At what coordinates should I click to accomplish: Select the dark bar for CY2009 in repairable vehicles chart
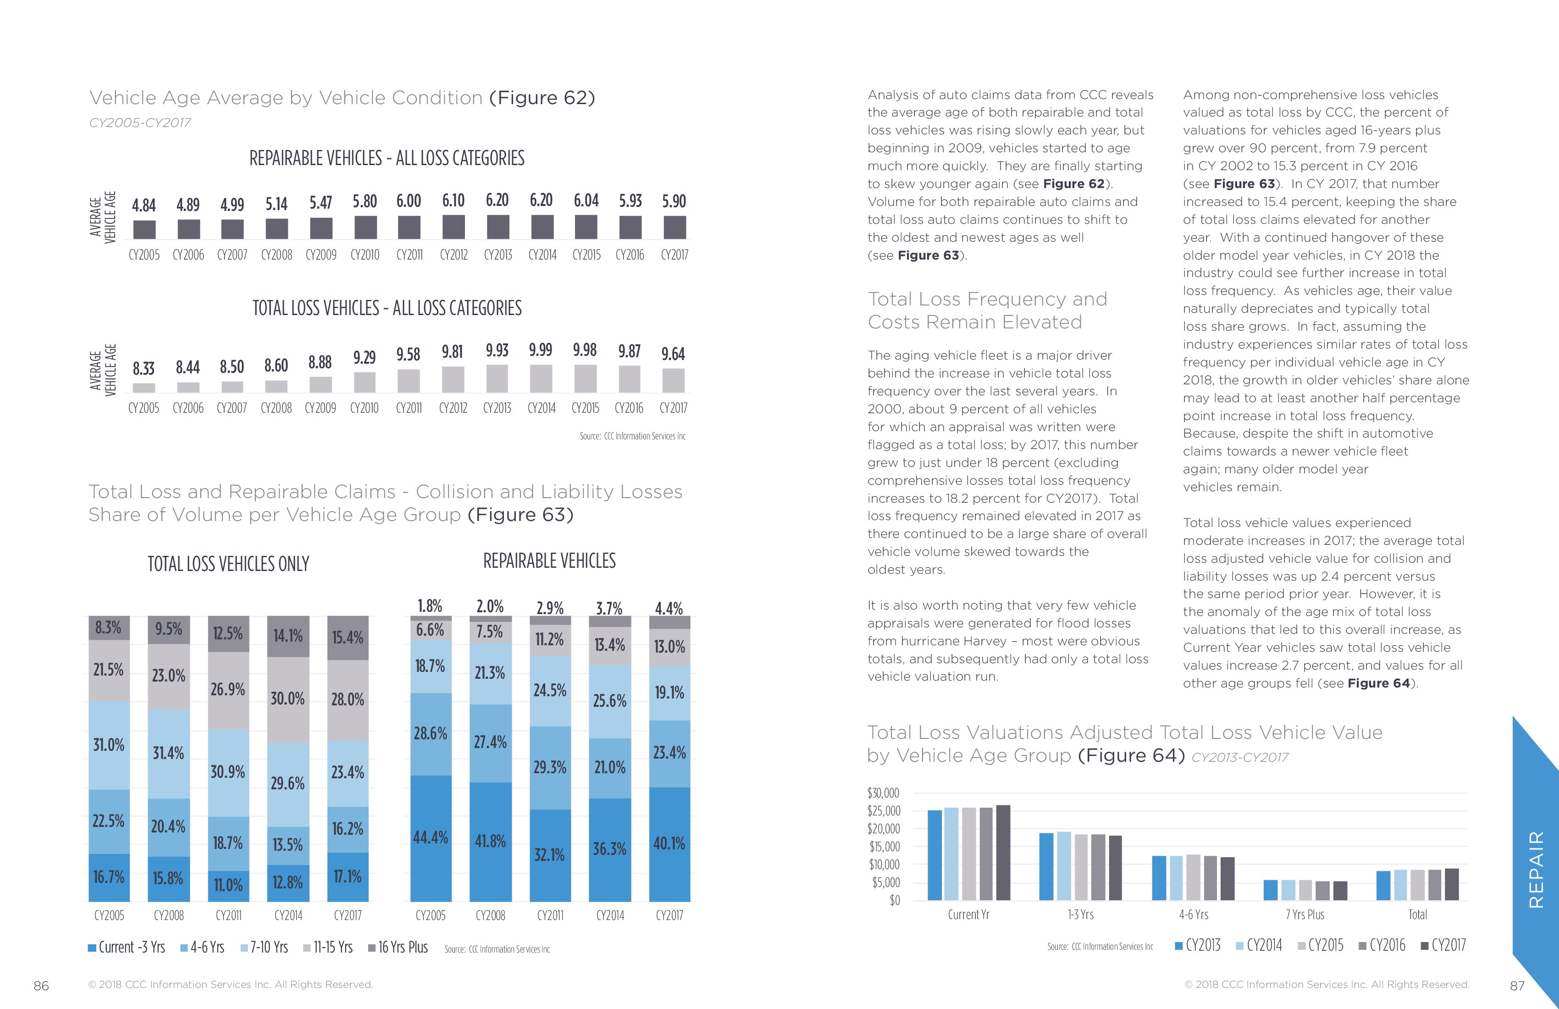coord(321,228)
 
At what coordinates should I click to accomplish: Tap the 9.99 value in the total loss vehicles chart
coord(541,350)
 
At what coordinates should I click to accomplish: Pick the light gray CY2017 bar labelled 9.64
coord(674,380)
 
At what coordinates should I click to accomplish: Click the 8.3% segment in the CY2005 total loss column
coord(109,628)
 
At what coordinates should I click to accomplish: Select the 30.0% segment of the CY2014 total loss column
coord(287,699)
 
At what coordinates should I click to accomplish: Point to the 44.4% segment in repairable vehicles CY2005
coord(431,837)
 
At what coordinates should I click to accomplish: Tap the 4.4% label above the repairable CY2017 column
coord(669,608)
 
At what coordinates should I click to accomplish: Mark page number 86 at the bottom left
coord(41,986)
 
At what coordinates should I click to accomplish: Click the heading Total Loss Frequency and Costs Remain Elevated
coord(987,310)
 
